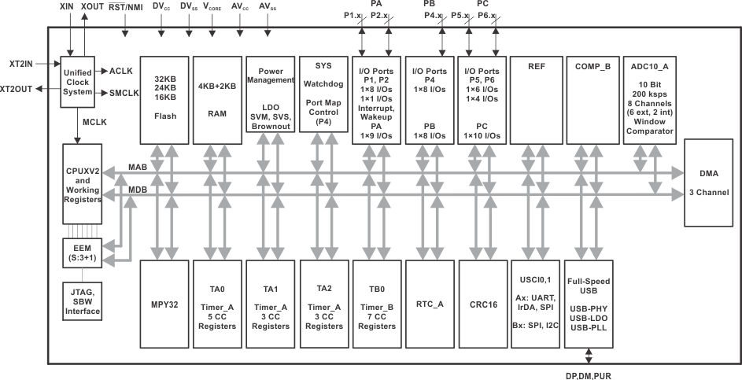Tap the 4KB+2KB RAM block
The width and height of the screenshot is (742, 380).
(216, 99)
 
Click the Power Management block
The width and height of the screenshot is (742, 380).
(269, 99)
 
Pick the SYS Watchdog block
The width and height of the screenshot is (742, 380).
(323, 99)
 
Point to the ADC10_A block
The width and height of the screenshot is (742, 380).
(648, 99)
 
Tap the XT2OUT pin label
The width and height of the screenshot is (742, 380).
(17, 89)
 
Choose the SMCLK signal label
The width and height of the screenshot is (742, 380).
(125, 93)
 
